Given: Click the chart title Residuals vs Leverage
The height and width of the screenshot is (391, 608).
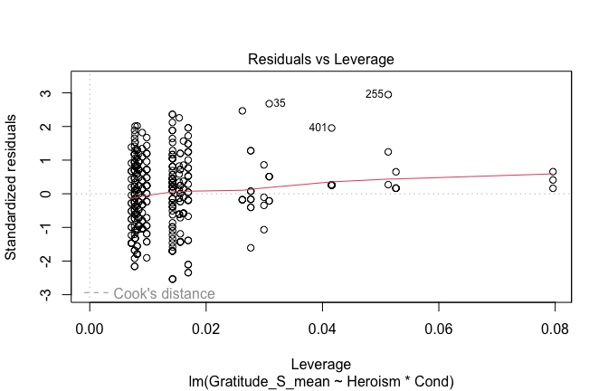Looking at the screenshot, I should pyautogui.click(x=321, y=59).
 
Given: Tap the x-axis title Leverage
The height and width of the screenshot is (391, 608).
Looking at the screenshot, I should pyautogui.click(x=321, y=362).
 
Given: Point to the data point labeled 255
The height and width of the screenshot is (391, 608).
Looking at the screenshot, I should pyautogui.click(x=388, y=94).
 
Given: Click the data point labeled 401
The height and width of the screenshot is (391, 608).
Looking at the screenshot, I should pyautogui.click(x=332, y=128).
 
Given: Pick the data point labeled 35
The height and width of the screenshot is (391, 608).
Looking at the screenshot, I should pyautogui.click(x=269, y=103).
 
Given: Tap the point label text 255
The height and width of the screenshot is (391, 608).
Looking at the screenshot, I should pyautogui.click(x=375, y=94).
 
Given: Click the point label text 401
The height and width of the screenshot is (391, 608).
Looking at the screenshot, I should pyautogui.click(x=318, y=129).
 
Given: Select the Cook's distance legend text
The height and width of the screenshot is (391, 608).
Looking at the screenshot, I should pyautogui.click(x=165, y=293).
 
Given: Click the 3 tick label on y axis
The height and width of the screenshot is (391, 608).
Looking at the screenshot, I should pyautogui.click(x=45, y=93).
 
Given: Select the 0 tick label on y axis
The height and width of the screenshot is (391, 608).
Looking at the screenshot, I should pyautogui.click(x=45, y=194).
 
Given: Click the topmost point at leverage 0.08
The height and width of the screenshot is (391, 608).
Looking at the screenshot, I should pyautogui.click(x=553, y=172).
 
